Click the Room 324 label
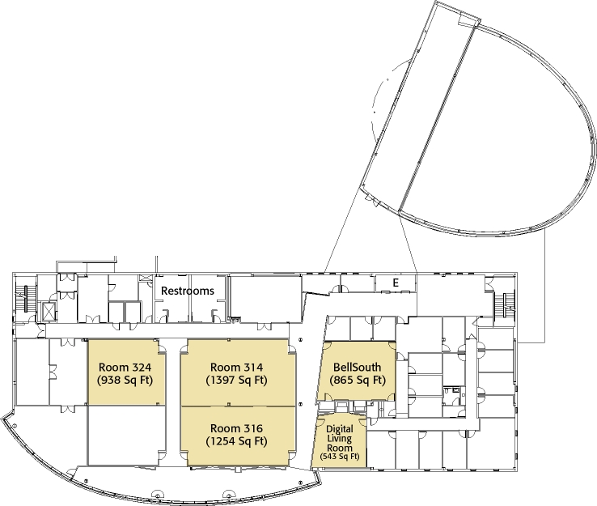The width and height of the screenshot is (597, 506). click(125, 366)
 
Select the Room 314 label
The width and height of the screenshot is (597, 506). click(236, 366)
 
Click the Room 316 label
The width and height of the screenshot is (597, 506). click(236, 428)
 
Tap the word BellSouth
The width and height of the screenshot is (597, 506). click(357, 367)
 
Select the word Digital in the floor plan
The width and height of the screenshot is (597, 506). click(340, 428)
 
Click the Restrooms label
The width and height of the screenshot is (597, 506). click(187, 291)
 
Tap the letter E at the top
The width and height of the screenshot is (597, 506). click(396, 282)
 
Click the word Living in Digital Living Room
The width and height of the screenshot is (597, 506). click(340, 438)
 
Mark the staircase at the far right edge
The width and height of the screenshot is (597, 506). click(507, 304)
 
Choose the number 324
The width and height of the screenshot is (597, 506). click(142, 366)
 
